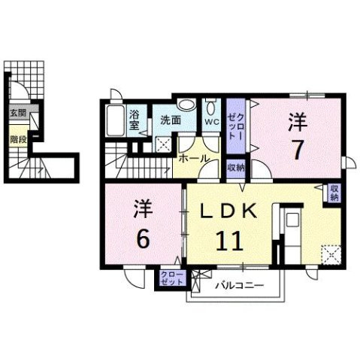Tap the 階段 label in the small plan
(17, 139)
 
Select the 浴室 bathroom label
(134, 120)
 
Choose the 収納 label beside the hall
(235, 167)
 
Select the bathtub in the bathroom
(116, 120)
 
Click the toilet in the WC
(212, 105)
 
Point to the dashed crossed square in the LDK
(328, 253)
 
